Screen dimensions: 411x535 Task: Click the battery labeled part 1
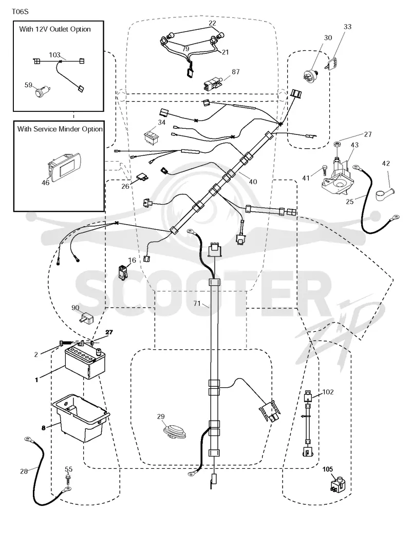tap(85, 362)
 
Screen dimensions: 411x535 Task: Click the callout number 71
tap(197, 303)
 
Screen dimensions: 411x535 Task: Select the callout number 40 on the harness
tap(253, 182)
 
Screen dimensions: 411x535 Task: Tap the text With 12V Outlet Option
tap(55, 29)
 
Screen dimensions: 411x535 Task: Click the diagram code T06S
tap(20, 12)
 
